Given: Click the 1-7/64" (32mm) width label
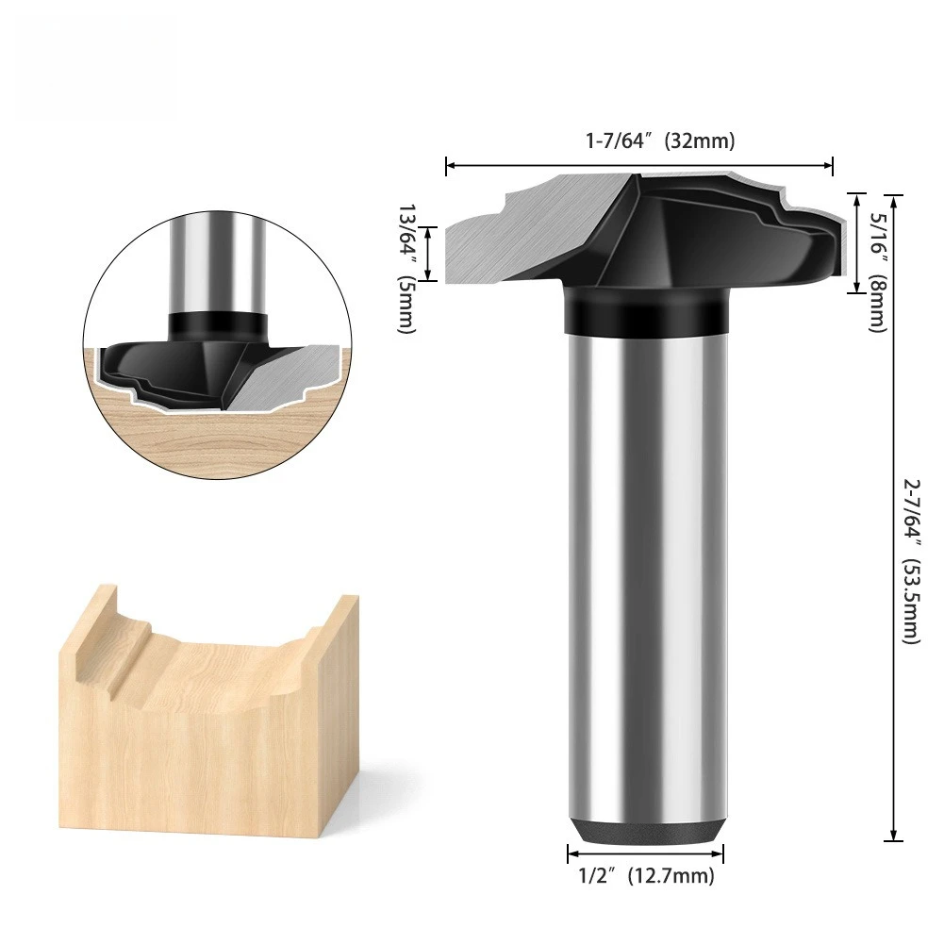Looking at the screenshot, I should tap(659, 141).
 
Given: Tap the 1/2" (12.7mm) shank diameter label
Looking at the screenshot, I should tap(646, 877).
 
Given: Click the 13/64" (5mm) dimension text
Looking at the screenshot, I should tap(406, 268).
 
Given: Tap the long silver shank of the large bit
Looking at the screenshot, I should tap(646, 566).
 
